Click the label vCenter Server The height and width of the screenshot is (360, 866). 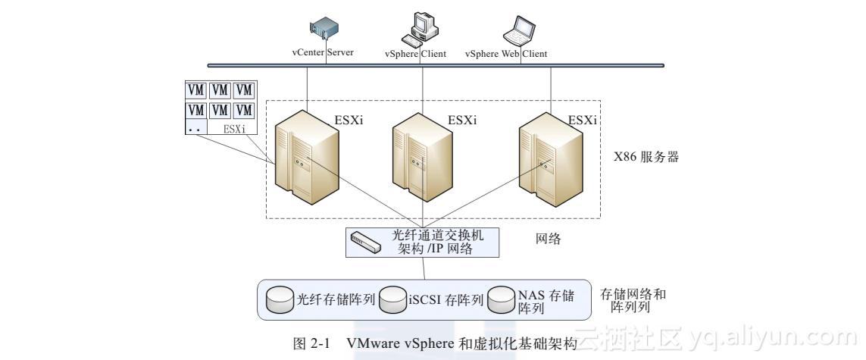pyautogui.click(x=324, y=53)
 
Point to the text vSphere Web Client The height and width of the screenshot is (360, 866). pyautogui.click(x=506, y=54)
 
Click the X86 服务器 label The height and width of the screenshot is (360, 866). pyautogui.click(x=646, y=158)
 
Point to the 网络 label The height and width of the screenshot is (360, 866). pyautogui.click(x=549, y=239)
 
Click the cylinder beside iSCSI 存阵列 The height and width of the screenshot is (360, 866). pyautogui.click(x=392, y=299)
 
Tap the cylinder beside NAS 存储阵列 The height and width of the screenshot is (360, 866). pyautogui.click(x=501, y=299)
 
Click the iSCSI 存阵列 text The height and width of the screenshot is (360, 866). pyautogui.click(x=446, y=300)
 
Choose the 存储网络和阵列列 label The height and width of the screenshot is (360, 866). pyautogui.click(x=633, y=301)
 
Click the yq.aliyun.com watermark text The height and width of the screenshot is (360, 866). pyautogui.click(x=774, y=337)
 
